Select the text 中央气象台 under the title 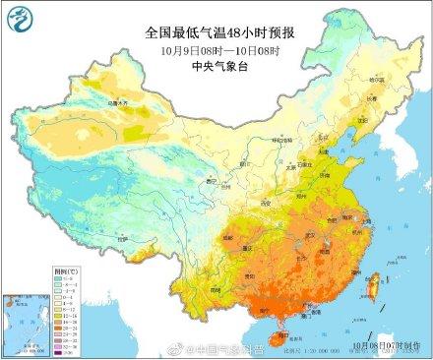pyautogui.click(x=216, y=68)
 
